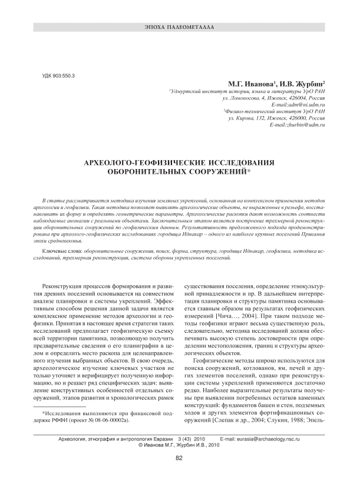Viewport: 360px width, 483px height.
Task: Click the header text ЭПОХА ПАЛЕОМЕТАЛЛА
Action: [x=180, y=28]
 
